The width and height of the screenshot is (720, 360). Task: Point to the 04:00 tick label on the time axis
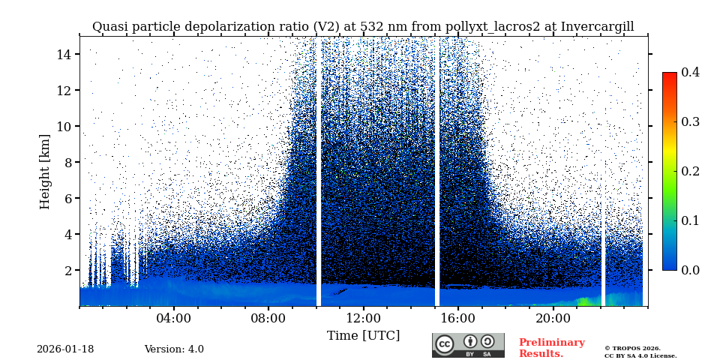click(174, 318)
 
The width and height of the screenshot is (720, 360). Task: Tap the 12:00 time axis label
click(364, 318)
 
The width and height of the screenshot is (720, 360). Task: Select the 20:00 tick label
click(553, 318)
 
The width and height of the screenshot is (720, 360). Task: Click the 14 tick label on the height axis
click(63, 54)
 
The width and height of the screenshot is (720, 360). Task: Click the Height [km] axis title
click(45, 171)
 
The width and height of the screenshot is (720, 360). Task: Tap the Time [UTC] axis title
click(363, 335)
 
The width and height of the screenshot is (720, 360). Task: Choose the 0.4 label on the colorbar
click(690, 72)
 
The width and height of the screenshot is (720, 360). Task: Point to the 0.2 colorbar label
click(690, 171)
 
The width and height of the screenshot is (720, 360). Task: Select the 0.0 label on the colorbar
click(690, 270)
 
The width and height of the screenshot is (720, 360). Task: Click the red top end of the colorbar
click(669, 76)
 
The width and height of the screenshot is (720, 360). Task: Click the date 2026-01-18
click(65, 349)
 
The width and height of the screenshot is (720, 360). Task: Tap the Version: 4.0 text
click(174, 349)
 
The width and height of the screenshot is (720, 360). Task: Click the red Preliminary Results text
click(551, 348)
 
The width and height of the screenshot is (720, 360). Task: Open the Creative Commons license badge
click(468, 345)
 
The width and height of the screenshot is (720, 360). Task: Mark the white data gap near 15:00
click(437, 172)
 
